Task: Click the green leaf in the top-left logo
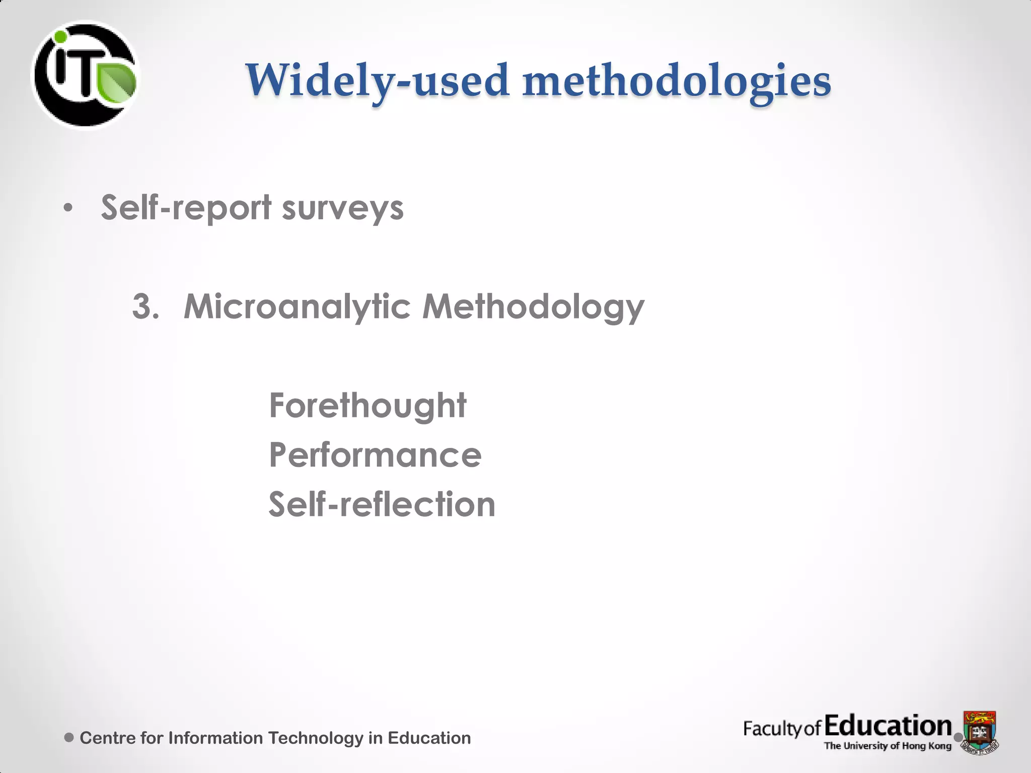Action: tap(117, 82)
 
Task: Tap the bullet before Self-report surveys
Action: tap(68, 208)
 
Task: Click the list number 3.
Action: tap(145, 306)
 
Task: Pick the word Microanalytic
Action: tap(297, 306)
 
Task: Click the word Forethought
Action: tap(367, 406)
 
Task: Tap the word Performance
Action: tap(375, 455)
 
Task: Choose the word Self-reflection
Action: tap(382, 504)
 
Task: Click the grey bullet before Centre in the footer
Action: tap(69, 738)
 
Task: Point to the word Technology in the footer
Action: tap(315, 738)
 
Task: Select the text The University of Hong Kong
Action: tap(888, 746)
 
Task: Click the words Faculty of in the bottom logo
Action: tap(782, 728)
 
